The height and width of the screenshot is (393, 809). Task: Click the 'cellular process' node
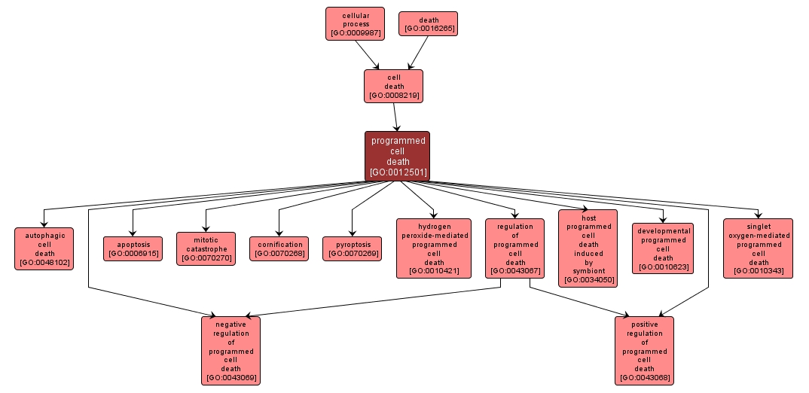pos(355,23)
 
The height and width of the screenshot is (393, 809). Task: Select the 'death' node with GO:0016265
pos(428,23)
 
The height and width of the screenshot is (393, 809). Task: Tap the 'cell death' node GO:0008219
pos(393,86)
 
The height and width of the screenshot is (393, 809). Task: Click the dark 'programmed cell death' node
pos(397,156)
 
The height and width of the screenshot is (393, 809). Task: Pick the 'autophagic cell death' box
pos(44,248)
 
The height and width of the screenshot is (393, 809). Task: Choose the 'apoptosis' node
pos(133,248)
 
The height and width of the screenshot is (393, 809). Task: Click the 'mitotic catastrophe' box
pos(206,248)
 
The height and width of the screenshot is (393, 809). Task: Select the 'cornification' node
pos(279,248)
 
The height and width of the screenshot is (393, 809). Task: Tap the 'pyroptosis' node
pos(352,248)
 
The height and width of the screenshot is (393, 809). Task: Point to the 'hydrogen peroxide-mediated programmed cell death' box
pos(434,248)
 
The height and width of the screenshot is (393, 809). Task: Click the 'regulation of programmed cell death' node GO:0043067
pos(515,248)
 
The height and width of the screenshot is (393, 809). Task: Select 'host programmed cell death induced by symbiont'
pos(588,248)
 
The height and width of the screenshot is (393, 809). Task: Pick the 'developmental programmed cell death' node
pos(663,248)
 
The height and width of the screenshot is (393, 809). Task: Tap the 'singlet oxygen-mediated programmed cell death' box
pos(758,248)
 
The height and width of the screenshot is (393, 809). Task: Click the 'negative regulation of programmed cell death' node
pos(230,350)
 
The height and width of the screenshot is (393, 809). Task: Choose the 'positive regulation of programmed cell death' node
pos(644,350)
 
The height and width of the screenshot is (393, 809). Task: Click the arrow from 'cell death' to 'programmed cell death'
pos(395,117)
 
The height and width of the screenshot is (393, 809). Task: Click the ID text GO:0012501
pos(398,172)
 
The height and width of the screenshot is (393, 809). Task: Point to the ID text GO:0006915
pos(133,254)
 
